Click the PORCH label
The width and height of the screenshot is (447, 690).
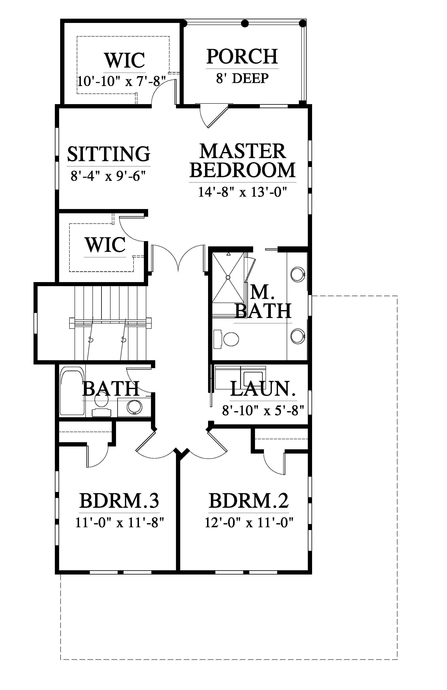pos(242,57)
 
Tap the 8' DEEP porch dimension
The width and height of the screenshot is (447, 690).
pos(242,78)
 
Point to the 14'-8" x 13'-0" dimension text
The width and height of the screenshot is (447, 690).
pos(243,192)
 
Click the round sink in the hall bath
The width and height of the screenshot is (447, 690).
pos(134,407)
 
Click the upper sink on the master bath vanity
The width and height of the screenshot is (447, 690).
pos(297,274)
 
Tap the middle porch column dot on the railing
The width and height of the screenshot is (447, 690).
pos(245,23)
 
